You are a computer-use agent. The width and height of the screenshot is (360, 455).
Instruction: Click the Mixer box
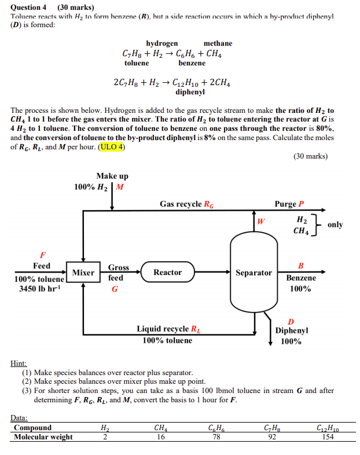point(83,272)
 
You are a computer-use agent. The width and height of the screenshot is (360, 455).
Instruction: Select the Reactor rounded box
point(167,272)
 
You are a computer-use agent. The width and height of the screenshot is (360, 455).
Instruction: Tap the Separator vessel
point(254,272)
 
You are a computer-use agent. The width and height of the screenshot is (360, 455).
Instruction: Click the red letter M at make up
point(119,187)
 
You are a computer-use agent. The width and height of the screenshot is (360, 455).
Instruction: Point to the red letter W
point(261,221)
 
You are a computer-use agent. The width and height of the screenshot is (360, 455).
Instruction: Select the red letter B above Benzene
point(300,266)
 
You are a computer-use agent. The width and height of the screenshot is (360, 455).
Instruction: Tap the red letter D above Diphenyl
point(291,321)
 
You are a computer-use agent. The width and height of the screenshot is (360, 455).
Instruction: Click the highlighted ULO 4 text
point(112,146)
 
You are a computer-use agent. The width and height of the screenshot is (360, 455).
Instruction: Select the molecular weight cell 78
point(215,438)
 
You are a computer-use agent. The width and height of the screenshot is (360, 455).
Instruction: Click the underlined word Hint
point(19,363)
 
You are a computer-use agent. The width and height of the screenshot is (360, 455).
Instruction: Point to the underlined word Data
point(19,417)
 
